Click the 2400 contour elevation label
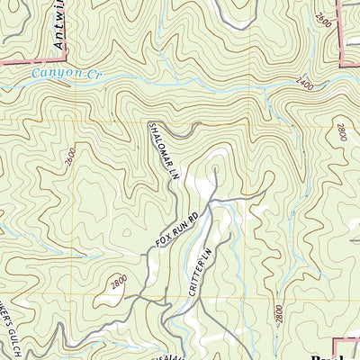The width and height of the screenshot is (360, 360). pyautogui.click(x=305, y=83)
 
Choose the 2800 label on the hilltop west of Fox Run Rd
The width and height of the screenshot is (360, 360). pyautogui.click(x=119, y=282)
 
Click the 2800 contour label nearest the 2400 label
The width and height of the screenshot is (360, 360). pyautogui.click(x=340, y=131)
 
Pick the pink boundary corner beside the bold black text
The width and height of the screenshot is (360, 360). pyautogui.click(x=337, y=340)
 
